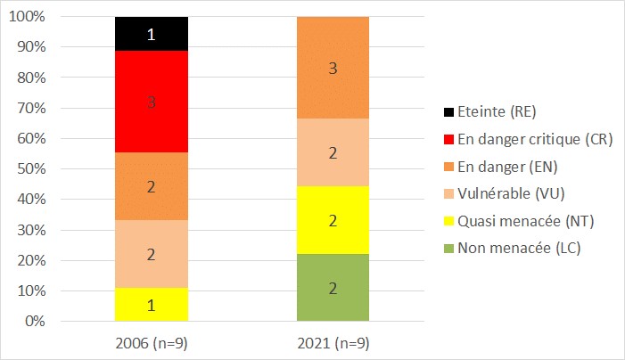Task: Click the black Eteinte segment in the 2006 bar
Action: (x=152, y=34)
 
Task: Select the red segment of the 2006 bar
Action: (x=152, y=102)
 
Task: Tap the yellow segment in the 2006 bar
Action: (x=152, y=305)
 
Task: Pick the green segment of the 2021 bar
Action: (x=333, y=288)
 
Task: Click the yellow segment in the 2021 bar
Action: (x=333, y=220)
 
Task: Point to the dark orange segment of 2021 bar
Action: (x=333, y=68)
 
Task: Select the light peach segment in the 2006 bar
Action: (x=152, y=254)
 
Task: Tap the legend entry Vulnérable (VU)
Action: (x=504, y=193)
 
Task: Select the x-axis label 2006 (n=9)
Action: (x=152, y=342)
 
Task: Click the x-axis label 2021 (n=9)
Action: (x=333, y=342)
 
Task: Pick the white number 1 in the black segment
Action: (x=152, y=35)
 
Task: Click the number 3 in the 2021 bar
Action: (x=333, y=68)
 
